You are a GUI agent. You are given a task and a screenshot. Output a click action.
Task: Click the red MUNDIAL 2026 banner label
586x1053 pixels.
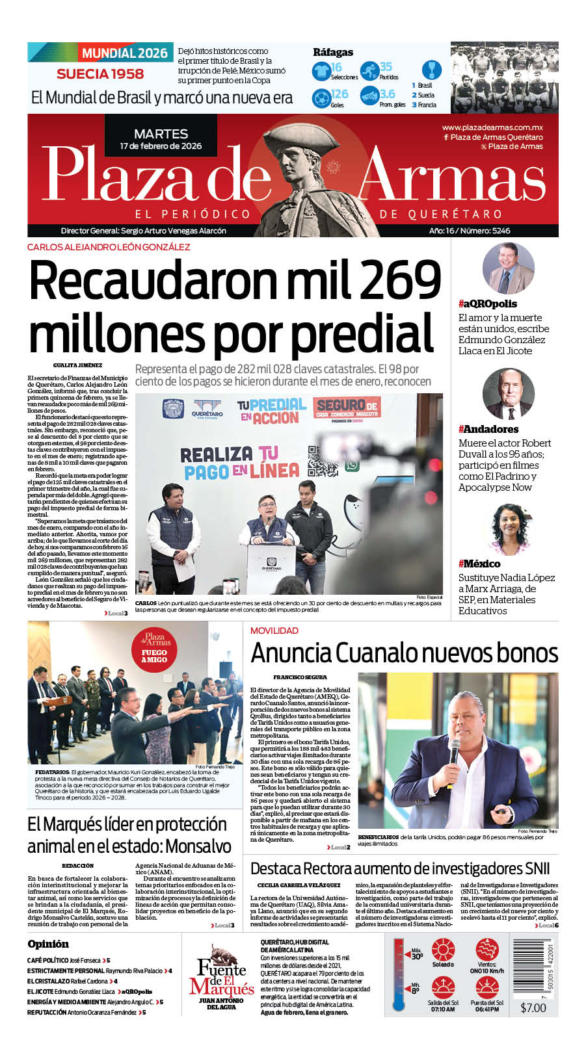[124, 53]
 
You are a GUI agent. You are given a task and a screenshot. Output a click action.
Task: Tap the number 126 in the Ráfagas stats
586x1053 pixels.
[340, 94]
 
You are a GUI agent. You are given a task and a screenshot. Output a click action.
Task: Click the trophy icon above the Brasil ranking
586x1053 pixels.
[431, 69]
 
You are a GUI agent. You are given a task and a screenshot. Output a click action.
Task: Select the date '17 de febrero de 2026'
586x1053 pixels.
[161, 146]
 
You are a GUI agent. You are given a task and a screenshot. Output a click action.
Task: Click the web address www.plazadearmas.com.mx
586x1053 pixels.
[492, 127]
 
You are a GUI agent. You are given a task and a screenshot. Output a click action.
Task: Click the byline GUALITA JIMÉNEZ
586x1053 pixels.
[77, 365]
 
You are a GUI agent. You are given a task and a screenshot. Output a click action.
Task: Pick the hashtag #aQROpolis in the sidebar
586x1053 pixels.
[488, 304]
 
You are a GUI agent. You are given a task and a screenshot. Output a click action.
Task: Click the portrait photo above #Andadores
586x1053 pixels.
[508, 394]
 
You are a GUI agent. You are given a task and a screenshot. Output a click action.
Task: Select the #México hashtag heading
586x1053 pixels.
[479, 564]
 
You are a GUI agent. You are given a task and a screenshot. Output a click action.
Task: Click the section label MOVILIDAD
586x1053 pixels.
[274, 630]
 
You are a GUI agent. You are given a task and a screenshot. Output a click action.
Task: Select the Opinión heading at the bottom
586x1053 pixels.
[48, 944]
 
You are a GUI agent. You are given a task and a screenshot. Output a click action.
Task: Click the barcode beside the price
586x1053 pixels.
[533, 968]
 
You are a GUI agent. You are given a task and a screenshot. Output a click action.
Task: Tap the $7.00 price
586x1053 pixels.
[533, 1007]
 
